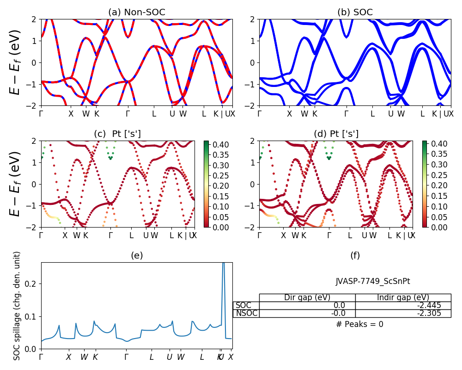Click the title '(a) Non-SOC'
[x=136, y=12]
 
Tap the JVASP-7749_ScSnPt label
[x=373, y=281]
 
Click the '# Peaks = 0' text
[x=359, y=324]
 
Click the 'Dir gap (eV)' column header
[x=307, y=297]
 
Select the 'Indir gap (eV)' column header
[x=403, y=297]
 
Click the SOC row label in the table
[x=243, y=305]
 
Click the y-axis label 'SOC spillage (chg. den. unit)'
[x=17, y=306]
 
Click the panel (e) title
[x=136, y=255]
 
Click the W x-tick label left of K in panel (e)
[x=84, y=357]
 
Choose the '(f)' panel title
[x=355, y=255]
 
